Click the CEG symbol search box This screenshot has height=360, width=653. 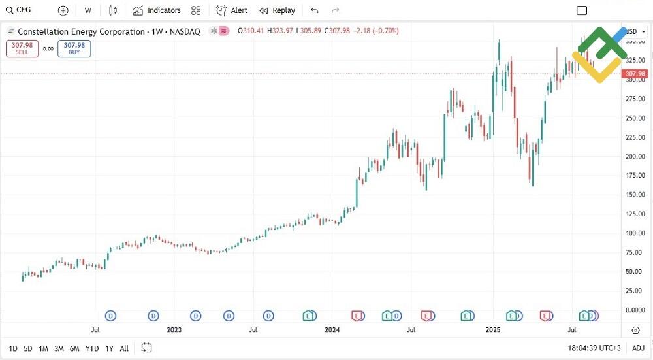point(20,10)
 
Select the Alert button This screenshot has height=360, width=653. point(232,10)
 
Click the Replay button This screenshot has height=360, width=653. point(278,10)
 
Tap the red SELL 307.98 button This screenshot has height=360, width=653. point(22,48)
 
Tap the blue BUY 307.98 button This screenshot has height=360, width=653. point(74,48)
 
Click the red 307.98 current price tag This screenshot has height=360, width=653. point(635,74)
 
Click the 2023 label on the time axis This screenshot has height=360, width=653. point(174,330)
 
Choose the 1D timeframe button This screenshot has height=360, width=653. point(13,348)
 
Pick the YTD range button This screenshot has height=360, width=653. point(92,348)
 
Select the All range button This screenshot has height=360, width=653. point(124,348)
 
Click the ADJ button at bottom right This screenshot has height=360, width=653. point(638,348)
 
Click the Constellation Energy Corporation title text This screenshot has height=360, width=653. point(81,31)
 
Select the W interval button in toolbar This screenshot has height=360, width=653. point(88,10)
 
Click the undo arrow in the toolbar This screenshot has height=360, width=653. point(315,10)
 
